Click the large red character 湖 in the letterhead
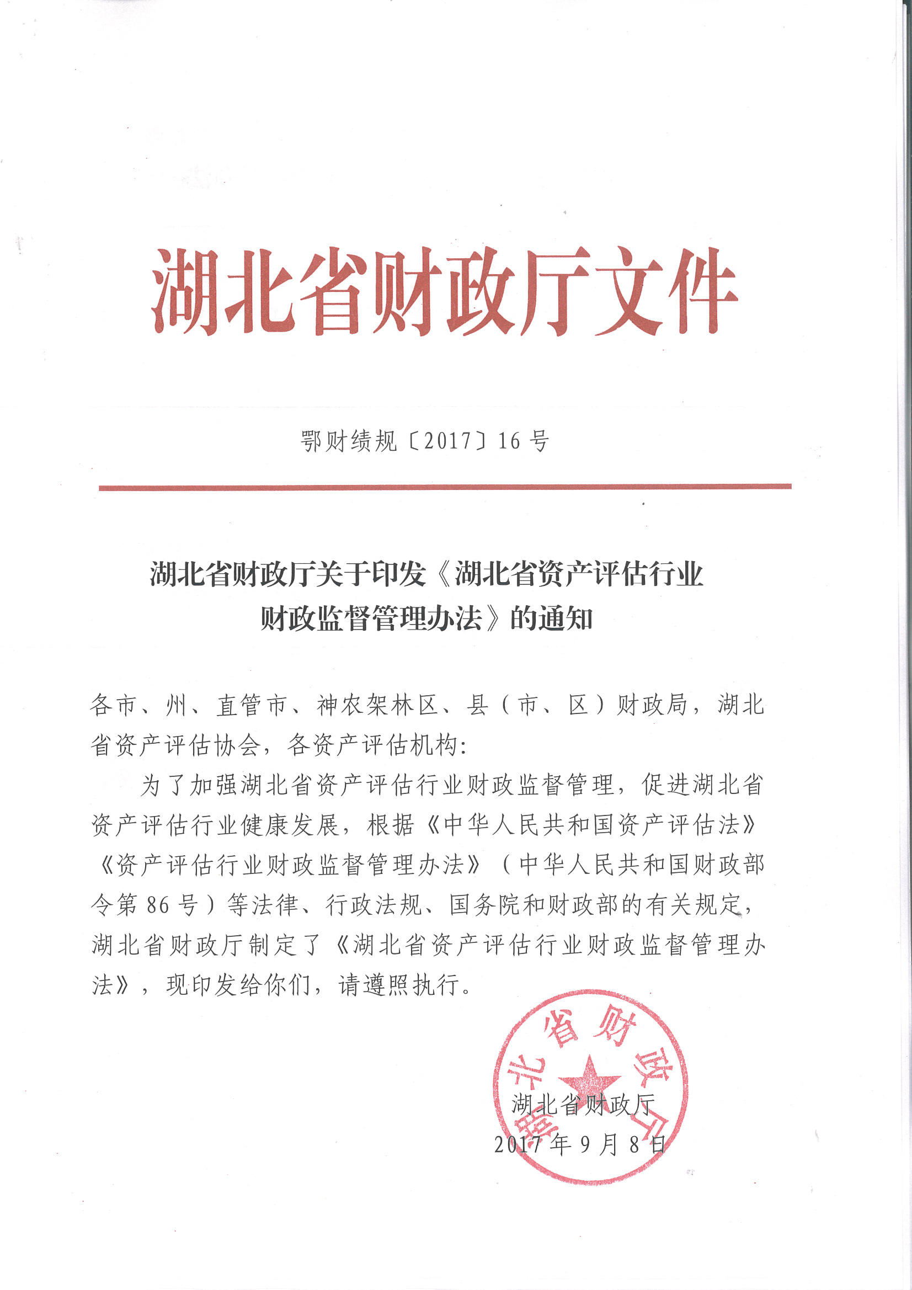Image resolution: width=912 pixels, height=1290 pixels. tap(184, 291)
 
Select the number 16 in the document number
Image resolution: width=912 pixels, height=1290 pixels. tap(509, 441)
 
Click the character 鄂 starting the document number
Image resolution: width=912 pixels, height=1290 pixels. tap(311, 441)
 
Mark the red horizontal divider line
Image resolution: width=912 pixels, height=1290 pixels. tap(445, 487)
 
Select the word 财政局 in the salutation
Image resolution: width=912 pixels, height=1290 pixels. tap(652, 705)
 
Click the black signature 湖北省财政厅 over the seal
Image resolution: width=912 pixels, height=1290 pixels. tap(583, 1105)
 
